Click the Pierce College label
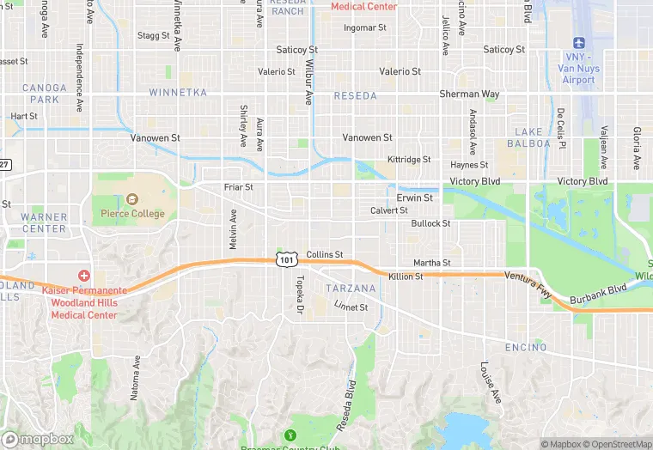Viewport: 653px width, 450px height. click(x=131, y=214)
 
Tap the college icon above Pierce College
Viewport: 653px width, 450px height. click(x=131, y=198)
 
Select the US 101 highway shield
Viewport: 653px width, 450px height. click(x=286, y=258)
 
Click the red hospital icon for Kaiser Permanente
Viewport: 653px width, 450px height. click(x=84, y=276)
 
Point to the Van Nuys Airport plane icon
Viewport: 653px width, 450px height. click(x=578, y=43)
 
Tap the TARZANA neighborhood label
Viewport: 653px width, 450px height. click(x=351, y=288)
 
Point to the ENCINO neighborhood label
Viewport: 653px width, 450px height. click(x=525, y=347)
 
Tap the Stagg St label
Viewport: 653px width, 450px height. click(x=153, y=35)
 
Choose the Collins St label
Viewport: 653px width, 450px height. click(x=325, y=254)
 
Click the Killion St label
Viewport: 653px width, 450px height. click(x=406, y=277)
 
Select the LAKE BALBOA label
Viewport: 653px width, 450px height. click(x=533, y=137)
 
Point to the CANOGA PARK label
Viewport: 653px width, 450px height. click(x=44, y=94)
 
